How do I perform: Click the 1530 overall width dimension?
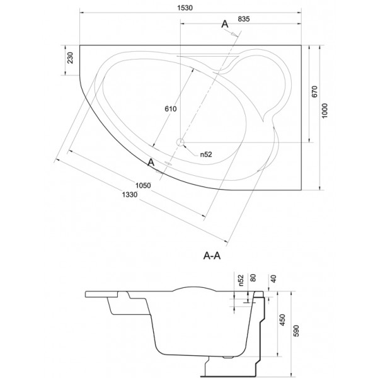tap(185, 8)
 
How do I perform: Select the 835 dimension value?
tap(243, 19)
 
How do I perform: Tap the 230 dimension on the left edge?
tap(70, 57)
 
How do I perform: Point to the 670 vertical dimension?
tap(314, 91)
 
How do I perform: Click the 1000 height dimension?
tap(324, 111)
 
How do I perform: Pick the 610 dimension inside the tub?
tap(171, 109)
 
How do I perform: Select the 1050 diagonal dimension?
tap(143, 185)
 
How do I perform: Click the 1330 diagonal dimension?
tap(130, 195)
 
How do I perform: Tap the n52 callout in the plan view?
tap(206, 154)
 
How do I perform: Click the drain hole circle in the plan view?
tap(180, 142)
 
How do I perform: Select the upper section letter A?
tap(225, 24)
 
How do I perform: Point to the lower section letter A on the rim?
tap(151, 163)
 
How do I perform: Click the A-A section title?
tap(212, 256)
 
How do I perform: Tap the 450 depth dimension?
tap(282, 319)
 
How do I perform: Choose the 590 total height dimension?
tap(296, 331)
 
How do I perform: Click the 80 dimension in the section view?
tap(253, 278)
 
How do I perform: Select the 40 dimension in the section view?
tap(273, 278)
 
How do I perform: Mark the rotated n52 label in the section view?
tap(241, 280)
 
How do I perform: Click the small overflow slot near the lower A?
tap(168, 163)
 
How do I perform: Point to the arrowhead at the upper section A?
tap(234, 35)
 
